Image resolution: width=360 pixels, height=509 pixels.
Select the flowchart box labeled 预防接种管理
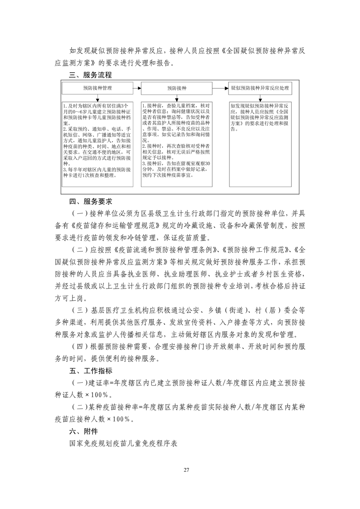click(97, 88)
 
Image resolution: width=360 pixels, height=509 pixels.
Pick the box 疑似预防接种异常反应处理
click(259, 88)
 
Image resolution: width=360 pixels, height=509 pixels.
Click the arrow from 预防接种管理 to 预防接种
click(136, 88)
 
